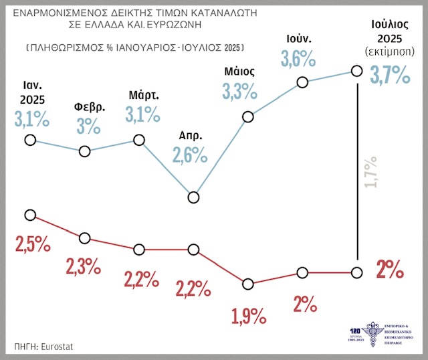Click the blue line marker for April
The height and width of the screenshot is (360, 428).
(194, 197)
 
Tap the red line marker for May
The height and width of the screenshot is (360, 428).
(248, 284)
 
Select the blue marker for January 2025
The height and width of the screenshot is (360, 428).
(29, 140)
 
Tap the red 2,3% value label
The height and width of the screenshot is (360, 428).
(83, 267)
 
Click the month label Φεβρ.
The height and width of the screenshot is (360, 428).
(84, 108)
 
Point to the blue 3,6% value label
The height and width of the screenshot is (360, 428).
(298, 59)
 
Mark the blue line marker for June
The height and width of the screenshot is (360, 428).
(302, 82)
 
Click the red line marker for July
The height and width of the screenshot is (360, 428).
(356, 272)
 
